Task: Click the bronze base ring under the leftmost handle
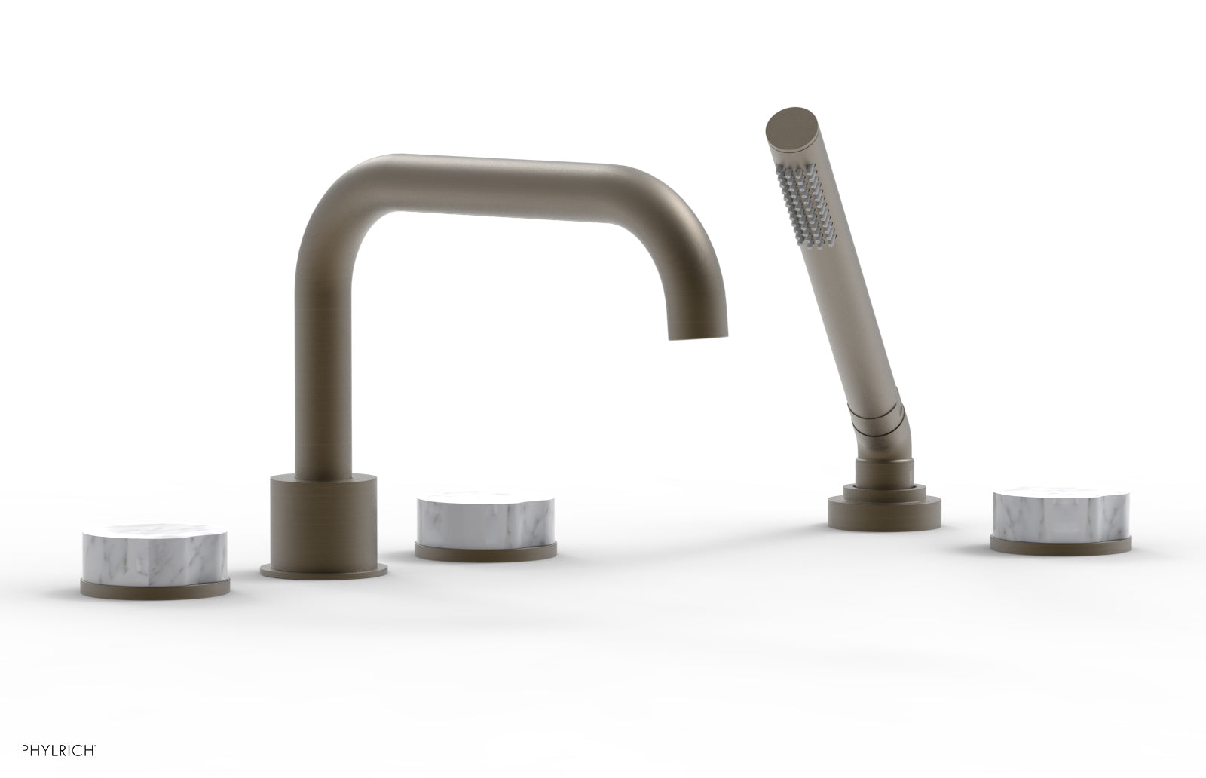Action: pyautogui.click(x=154, y=587)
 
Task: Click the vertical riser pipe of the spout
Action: pyautogui.click(x=314, y=339)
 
